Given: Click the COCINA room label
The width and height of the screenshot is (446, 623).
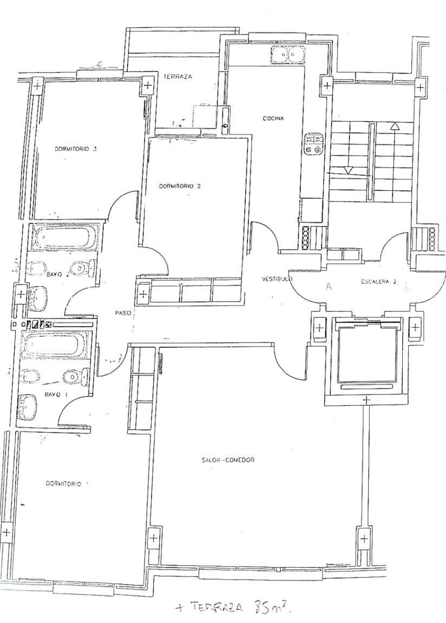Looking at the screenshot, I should click(x=273, y=118).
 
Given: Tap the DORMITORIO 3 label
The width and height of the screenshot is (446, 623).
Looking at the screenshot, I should click(x=76, y=149).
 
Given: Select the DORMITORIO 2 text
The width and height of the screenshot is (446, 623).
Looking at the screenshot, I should click(x=180, y=186).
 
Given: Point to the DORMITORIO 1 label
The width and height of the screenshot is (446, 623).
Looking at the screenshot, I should click(x=63, y=483).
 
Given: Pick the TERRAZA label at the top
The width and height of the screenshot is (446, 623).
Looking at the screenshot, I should click(x=178, y=77).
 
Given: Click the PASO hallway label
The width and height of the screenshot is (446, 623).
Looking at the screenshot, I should click(x=123, y=313).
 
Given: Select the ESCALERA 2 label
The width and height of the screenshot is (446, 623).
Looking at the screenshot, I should click(x=379, y=282).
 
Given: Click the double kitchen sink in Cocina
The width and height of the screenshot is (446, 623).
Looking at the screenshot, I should click(x=287, y=54).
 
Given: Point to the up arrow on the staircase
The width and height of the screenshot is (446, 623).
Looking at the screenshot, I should click(x=395, y=126).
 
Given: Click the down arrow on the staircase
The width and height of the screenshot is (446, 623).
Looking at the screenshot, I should click(x=349, y=170).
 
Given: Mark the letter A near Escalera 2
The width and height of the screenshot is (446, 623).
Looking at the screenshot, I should click(x=328, y=287).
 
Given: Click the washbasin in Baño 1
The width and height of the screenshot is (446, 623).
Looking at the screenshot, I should click(x=27, y=407).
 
